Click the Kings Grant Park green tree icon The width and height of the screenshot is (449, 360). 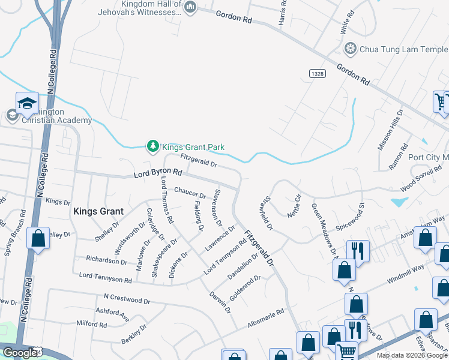(x=153, y=146)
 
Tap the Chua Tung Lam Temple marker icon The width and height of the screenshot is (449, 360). (x=350, y=48)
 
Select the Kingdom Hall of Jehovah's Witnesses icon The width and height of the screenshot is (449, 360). (x=190, y=7)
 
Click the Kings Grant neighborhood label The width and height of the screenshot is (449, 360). (x=98, y=211)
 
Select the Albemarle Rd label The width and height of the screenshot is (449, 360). (x=267, y=320)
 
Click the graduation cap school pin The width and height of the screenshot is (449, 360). (x=27, y=104)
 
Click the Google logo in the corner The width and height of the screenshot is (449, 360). (x=19, y=353)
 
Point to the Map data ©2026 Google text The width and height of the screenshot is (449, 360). (x=412, y=355)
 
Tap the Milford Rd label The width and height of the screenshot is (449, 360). (x=92, y=325)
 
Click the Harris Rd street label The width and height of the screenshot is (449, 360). (x=282, y=13)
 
